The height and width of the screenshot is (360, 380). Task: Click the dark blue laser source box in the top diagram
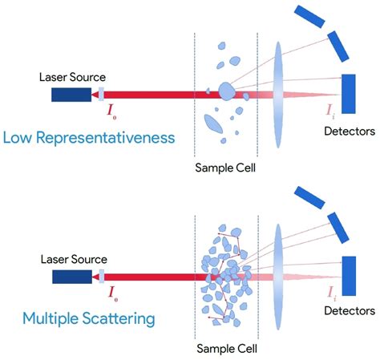(x=71, y=95)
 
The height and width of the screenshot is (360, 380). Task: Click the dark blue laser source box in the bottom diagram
(x=72, y=277)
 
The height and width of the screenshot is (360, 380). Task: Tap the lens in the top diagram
(x=278, y=95)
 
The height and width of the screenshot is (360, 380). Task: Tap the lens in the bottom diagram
(x=278, y=277)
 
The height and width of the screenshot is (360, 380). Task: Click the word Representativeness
(x=106, y=138)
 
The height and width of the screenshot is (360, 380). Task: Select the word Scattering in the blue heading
(x=119, y=318)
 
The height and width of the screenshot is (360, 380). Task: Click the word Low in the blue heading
(x=18, y=137)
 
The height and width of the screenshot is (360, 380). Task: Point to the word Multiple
(x=51, y=319)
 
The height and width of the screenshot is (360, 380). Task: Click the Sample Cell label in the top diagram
(x=225, y=168)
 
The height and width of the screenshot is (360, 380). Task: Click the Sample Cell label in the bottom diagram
(x=227, y=349)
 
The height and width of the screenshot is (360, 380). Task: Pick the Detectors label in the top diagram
(x=350, y=131)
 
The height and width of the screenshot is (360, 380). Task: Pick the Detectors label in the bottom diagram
(x=350, y=311)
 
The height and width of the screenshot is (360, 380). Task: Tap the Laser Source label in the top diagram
(x=72, y=77)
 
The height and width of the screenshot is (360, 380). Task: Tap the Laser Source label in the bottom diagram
(x=74, y=259)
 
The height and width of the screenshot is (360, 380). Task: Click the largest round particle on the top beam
(x=227, y=91)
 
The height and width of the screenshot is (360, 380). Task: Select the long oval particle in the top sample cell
(x=213, y=124)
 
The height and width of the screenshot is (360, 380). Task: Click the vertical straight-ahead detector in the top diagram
(x=349, y=94)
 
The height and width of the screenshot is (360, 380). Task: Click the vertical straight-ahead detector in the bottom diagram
(x=349, y=276)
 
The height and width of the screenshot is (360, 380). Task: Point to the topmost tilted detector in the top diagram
(x=309, y=16)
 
